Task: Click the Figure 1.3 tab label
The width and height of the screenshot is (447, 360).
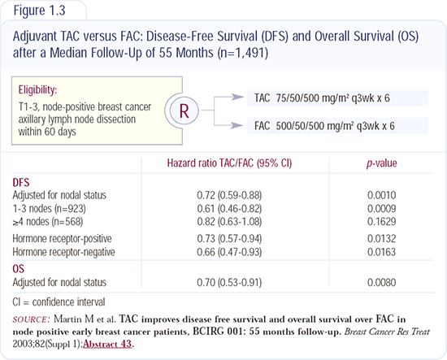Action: tap(39, 11)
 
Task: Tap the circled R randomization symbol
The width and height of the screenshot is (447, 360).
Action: tap(184, 111)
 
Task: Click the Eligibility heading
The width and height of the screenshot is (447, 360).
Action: tap(37, 89)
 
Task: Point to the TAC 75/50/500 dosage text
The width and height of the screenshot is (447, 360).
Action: tap(322, 98)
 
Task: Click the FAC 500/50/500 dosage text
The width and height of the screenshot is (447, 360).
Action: tap(324, 126)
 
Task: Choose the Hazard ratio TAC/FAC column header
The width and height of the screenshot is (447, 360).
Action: tap(229, 163)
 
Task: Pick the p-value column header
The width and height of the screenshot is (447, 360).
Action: tap(381, 163)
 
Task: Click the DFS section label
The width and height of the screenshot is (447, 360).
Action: tap(21, 182)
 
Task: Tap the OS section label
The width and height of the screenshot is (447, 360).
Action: tap(18, 269)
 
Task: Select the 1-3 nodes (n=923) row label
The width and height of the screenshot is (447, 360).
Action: tap(49, 209)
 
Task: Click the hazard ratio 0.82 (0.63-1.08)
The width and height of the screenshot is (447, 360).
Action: tap(229, 222)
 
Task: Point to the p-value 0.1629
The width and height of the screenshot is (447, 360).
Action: tap(381, 222)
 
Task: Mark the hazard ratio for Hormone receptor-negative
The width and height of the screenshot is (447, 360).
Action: tap(229, 252)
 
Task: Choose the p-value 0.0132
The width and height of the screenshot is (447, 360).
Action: tap(381, 239)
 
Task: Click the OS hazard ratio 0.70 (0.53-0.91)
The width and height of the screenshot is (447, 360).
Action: tap(229, 283)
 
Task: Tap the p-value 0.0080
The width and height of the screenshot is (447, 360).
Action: tap(381, 283)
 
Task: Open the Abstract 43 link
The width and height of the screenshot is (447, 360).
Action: tap(107, 344)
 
